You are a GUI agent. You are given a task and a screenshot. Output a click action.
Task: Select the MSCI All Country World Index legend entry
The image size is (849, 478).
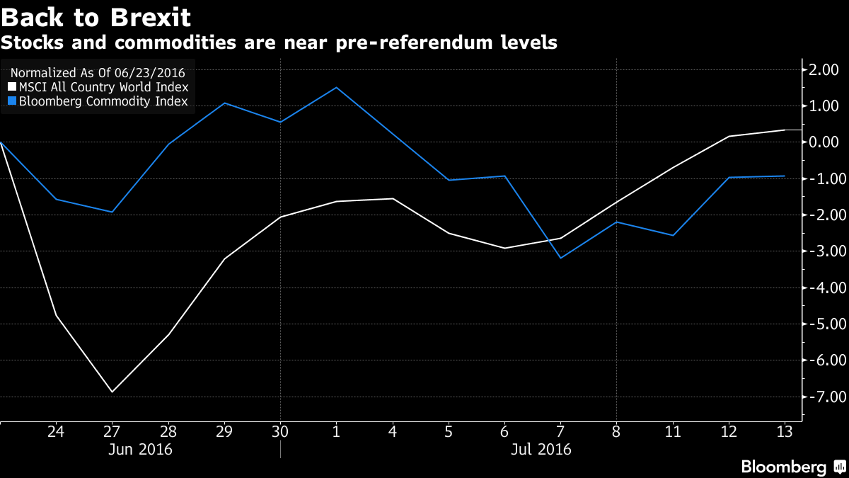(98, 87)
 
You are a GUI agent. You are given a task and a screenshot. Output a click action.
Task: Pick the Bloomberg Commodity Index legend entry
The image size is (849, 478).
(98, 101)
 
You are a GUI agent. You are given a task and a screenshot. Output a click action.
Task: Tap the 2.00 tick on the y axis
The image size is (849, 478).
(824, 69)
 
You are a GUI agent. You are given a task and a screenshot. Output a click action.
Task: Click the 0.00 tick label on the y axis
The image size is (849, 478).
(824, 142)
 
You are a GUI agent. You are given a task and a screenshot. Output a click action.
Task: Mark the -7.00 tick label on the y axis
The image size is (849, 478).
(822, 396)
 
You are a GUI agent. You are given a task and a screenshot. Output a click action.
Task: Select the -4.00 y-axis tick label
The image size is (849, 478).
(822, 288)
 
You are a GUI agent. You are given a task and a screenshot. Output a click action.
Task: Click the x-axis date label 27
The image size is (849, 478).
(112, 431)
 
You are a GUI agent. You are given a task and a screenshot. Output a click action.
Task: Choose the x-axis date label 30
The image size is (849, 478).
(280, 431)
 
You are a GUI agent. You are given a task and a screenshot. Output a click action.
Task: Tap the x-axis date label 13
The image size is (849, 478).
(785, 431)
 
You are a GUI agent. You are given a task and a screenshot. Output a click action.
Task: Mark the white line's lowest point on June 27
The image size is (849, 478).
(112, 392)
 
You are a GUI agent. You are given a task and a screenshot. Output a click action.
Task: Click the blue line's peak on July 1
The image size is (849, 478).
(336, 88)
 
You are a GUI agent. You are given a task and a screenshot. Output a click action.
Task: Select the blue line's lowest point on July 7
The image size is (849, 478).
(561, 258)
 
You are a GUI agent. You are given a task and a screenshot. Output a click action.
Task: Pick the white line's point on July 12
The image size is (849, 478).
(729, 136)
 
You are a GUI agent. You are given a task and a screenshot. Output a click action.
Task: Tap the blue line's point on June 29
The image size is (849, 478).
(224, 103)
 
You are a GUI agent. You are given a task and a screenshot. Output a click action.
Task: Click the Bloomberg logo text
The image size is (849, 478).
(783, 467)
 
